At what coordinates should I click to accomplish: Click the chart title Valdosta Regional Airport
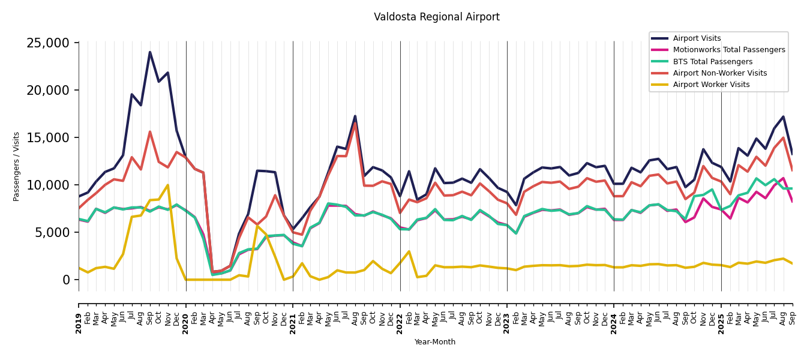tap(436, 17)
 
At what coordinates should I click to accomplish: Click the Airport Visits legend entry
tap(697, 38)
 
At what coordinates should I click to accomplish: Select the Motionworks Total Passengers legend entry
tap(728, 50)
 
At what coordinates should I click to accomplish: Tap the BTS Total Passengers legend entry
tap(712, 62)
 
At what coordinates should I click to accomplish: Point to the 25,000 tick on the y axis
tap(48, 43)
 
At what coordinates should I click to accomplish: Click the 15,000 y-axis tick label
tap(48, 138)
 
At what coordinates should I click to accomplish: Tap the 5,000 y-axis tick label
tap(52, 233)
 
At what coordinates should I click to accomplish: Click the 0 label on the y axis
tap(66, 280)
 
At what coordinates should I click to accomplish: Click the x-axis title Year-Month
tap(435, 342)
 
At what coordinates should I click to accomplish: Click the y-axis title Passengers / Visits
tap(17, 166)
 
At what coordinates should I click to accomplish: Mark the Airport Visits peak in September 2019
tap(150, 52)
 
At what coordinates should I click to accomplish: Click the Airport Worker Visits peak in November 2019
tap(168, 185)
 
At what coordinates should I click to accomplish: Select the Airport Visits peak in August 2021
tap(355, 116)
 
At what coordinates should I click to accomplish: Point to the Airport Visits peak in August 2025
tap(783, 117)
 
